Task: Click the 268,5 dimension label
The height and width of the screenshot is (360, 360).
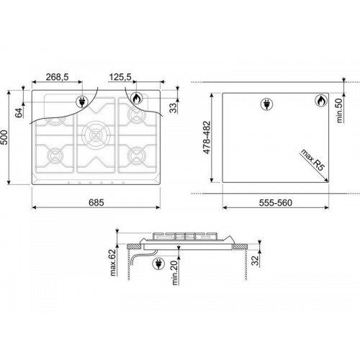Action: point(58,77)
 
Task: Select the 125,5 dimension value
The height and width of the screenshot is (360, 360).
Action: point(120,77)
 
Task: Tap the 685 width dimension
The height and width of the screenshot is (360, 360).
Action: point(96,203)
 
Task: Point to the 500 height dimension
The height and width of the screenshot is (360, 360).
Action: point(4,138)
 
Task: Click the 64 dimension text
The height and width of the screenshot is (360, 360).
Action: point(19,113)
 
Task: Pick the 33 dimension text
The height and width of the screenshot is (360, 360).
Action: point(173,108)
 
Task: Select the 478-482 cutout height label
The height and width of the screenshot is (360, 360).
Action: point(207,138)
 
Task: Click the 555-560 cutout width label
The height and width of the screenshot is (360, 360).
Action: point(276,203)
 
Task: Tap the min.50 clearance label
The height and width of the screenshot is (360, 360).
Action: point(339,110)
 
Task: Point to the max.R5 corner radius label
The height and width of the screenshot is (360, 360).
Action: point(312,160)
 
